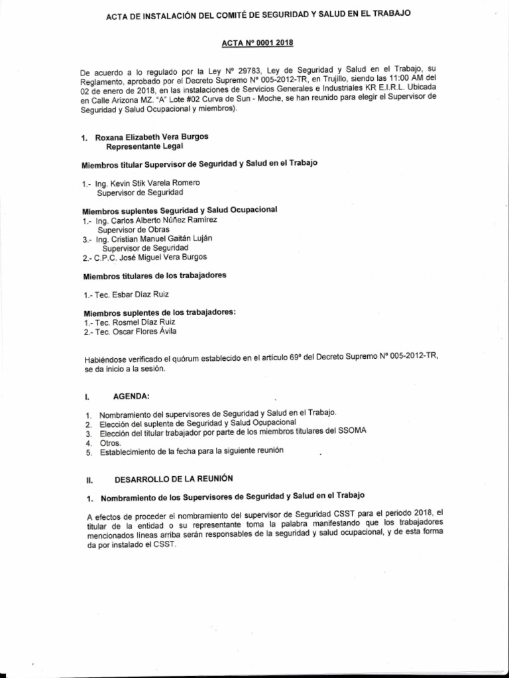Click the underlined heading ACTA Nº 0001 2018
[257, 43]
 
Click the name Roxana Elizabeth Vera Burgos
[151, 137]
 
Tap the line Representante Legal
[144, 146]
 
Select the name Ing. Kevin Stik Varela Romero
[148, 182]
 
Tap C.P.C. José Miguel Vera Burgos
[151, 257]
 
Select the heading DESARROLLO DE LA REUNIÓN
[174, 477]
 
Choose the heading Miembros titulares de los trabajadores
[154, 275]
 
